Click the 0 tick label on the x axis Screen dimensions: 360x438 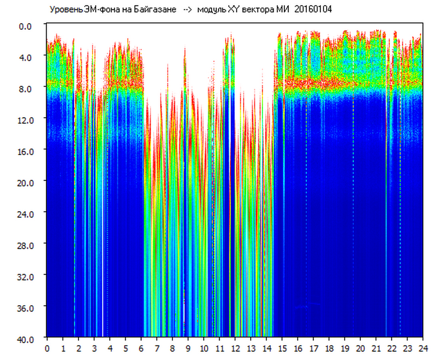point(47,348)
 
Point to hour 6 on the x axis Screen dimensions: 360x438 point(141,348)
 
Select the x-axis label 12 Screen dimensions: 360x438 point(235,348)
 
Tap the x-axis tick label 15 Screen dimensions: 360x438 point(282,348)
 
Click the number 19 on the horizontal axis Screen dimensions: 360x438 point(345,348)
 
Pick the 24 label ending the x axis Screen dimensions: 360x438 point(423,348)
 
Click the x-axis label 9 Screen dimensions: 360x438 point(188,348)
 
